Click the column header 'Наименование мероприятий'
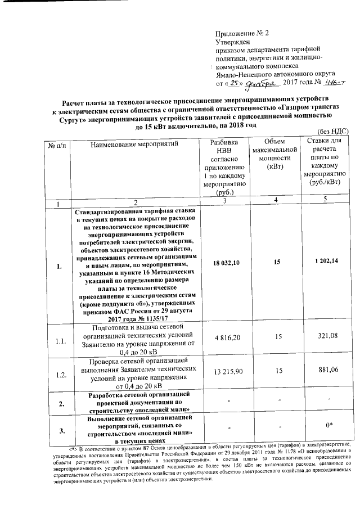click(x=134, y=145)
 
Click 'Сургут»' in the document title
click(x=74, y=119)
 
